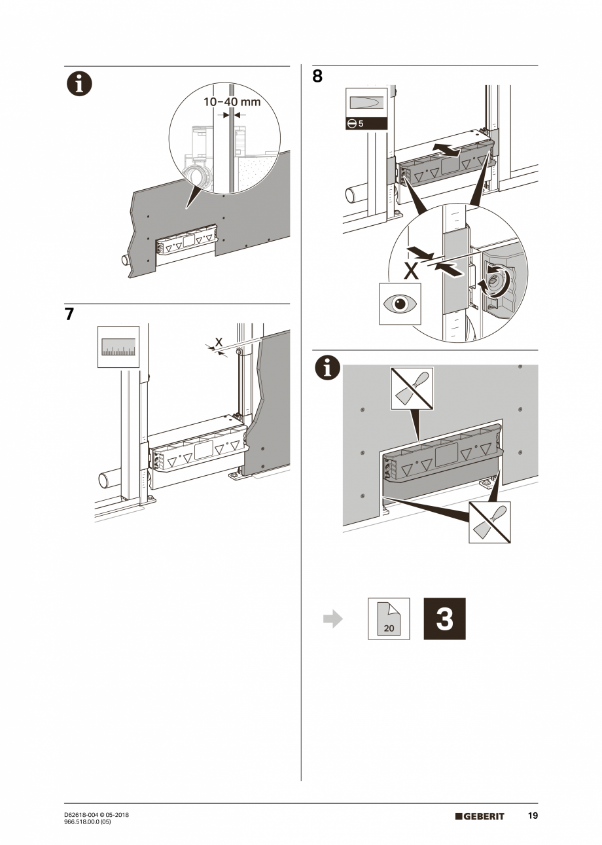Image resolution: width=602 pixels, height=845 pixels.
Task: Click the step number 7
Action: coord(69,314)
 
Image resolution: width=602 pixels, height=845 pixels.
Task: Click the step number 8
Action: coord(317,77)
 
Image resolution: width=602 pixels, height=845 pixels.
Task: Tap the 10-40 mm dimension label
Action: coord(232,102)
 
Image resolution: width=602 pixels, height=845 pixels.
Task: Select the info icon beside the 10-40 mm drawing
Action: coord(79,84)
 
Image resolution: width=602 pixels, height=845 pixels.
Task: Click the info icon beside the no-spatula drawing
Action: coord(327,369)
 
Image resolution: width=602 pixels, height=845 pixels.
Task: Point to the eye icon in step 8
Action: coord(400,304)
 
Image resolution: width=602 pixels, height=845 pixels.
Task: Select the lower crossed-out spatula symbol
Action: coord(490,522)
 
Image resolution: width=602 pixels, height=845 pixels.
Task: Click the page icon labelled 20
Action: coord(389,619)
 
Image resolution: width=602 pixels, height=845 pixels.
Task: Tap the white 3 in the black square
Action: coord(444,619)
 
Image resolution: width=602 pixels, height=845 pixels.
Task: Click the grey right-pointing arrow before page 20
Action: coord(333,619)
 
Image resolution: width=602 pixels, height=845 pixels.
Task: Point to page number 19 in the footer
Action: coord(533,816)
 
